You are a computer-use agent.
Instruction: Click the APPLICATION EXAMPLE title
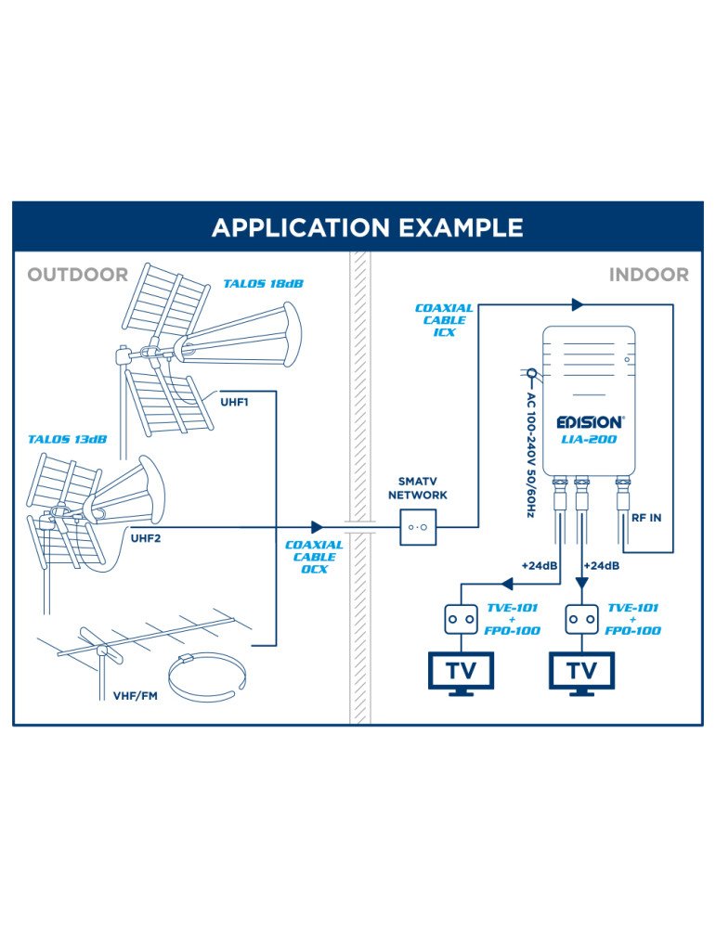tap(367, 228)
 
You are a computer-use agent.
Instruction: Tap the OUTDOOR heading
tap(77, 275)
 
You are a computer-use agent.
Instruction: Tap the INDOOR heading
tap(648, 275)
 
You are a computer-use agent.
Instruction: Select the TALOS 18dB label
tap(263, 283)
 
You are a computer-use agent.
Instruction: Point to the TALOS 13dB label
tap(66, 439)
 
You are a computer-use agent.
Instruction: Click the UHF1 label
tap(234, 403)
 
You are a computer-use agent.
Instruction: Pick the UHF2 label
tap(146, 538)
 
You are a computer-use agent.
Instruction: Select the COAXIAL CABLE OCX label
tap(314, 557)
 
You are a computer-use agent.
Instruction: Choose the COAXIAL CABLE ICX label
tap(444, 319)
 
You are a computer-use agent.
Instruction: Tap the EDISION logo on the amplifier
tap(590, 422)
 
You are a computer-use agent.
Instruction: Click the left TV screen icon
tap(461, 669)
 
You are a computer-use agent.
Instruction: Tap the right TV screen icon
tap(582, 669)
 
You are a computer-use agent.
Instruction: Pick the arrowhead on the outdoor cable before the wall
tap(318, 527)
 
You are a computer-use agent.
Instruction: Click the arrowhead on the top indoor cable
tap(578, 304)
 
